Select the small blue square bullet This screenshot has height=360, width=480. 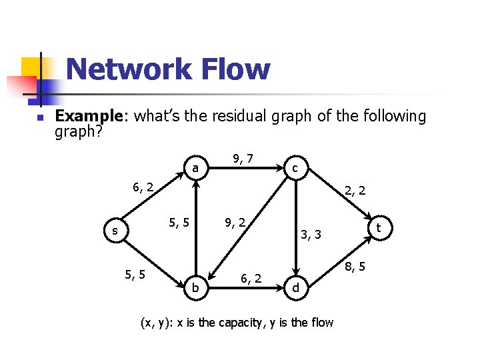[x=39, y=119]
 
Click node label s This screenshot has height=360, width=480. [x=115, y=231]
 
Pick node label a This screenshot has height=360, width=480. [x=195, y=169]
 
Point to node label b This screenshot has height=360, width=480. [x=195, y=287]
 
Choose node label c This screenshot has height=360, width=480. [x=295, y=169]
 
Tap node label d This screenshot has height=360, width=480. [x=295, y=288]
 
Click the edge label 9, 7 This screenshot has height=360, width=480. [x=242, y=158]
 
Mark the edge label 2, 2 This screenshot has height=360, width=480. [x=355, y=191]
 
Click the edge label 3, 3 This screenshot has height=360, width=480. [x=311, y=234]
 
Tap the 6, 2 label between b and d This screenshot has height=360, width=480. [x=251, y=277]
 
